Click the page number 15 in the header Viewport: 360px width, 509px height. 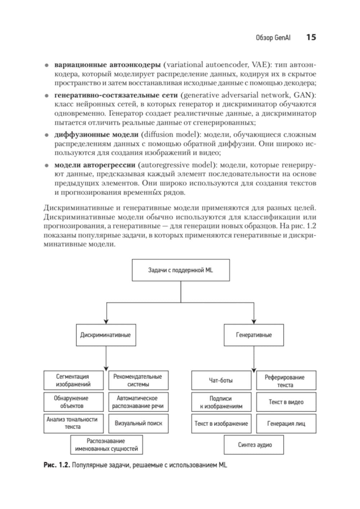click(x=311, y=37)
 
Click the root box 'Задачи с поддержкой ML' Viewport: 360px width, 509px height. click(x=181, y=270)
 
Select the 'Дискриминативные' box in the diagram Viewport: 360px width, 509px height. click(x=105, y=335)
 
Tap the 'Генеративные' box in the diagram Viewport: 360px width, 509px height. click(x=254, y=335)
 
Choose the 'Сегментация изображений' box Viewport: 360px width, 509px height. click(x=73, y=380)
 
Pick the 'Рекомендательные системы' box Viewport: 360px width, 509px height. click(x=138, y=380)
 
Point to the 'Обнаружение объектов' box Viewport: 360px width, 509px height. click(x=73, y=402)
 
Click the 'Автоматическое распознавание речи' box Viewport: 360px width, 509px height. click(x=138, y=402)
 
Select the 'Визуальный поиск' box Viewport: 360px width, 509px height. click(x=138, y=423)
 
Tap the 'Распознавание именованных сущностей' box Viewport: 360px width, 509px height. click(x=106, y=445)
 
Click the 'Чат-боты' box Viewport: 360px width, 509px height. click(x=221, y=380)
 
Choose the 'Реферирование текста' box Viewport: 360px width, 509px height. click(x=286, y=381)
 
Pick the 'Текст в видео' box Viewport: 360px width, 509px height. click(x=286, y=402)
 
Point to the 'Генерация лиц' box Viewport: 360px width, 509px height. click(x=286, y=424)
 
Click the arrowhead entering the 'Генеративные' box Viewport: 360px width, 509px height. click(x=254, y=321)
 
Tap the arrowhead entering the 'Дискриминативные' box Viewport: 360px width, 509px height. click(x=106, y=321)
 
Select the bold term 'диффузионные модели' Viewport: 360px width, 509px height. click(x=96, y=135)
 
